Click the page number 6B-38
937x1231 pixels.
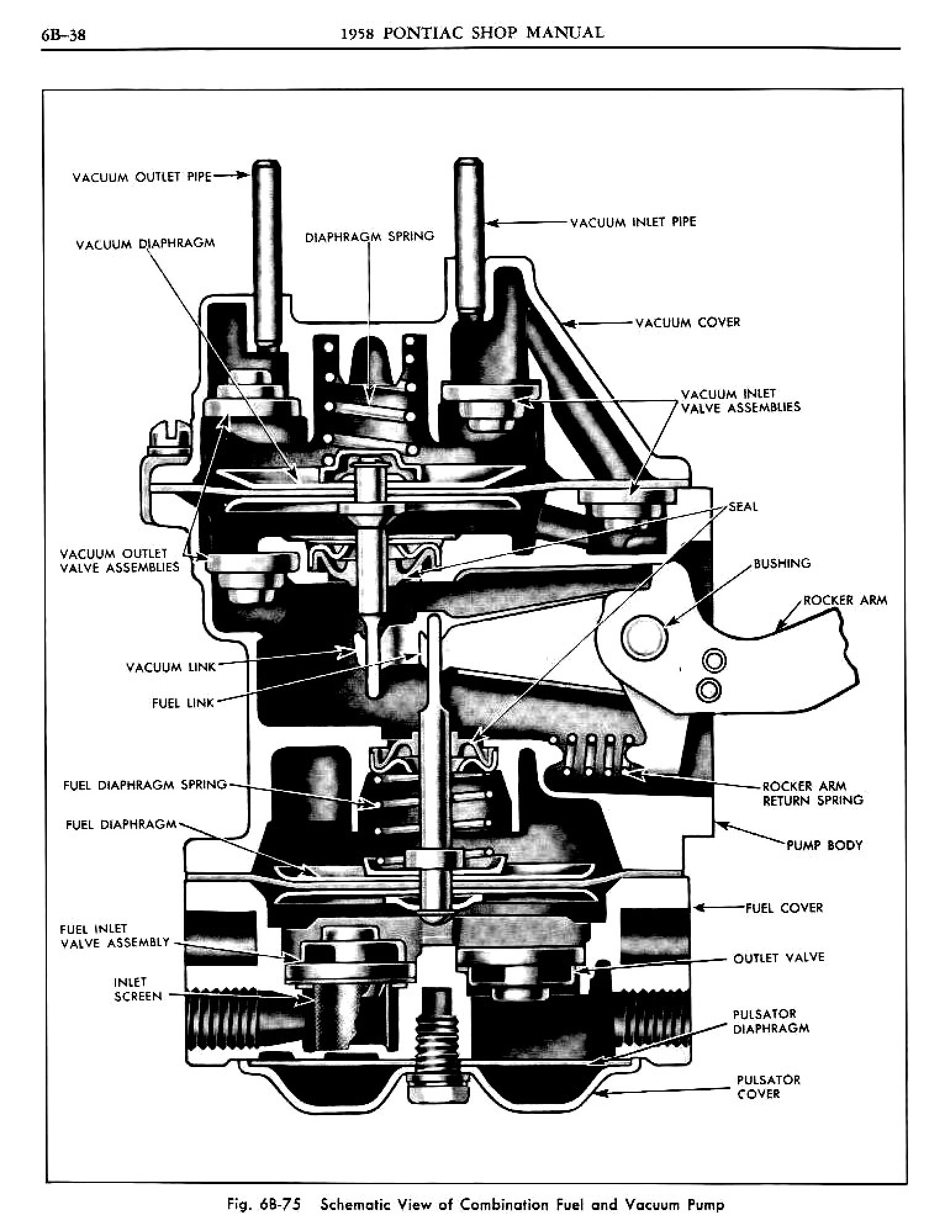click(x=64, y=35)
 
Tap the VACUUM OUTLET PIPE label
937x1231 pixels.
click(x=142, y=178)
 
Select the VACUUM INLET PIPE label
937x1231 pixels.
click(x=633, y=222)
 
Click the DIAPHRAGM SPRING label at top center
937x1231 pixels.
click(x=369, y=236)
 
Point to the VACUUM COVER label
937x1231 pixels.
click(x=688, y=322)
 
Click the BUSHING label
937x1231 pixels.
click(x=782, y=563)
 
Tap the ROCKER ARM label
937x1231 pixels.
click(x=845, y=600)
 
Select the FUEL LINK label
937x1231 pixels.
click(x=183, y=703)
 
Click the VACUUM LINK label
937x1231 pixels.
click(x=171, y=667)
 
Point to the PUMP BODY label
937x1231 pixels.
click(x=824, y=845)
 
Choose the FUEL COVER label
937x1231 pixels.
click(x=784, y=908)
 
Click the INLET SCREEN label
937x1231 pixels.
click(x=138, y=989)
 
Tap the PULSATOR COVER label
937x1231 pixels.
click(x=768, y=1087)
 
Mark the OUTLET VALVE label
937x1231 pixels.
click(x=778, y=958)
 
